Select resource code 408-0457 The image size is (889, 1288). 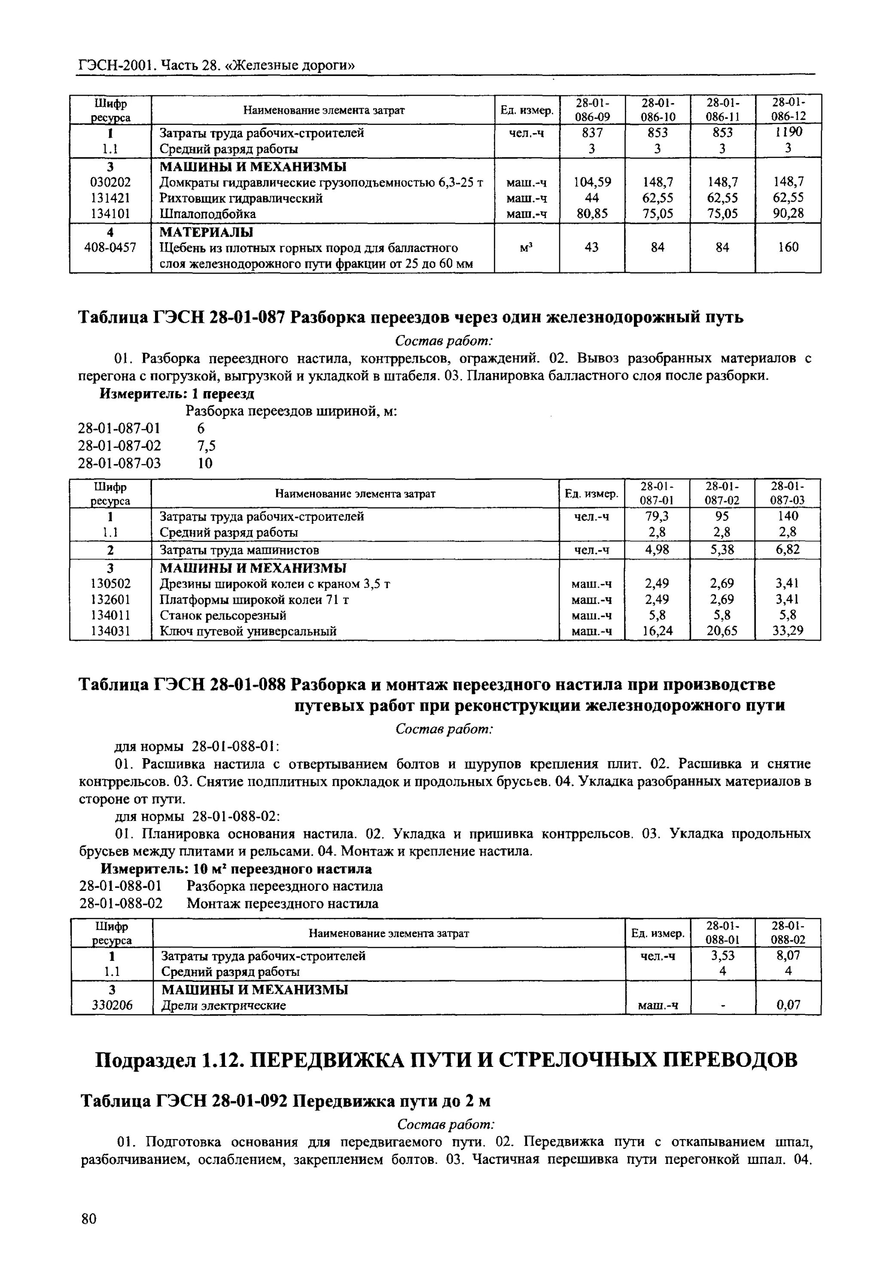(110, 247)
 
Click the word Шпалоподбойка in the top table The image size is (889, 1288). (208, 214)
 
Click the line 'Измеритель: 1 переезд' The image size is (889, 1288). (177, 394)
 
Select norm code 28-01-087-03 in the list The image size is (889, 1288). (119, 463)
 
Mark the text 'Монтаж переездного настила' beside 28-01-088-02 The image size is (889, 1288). (283, 903)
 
